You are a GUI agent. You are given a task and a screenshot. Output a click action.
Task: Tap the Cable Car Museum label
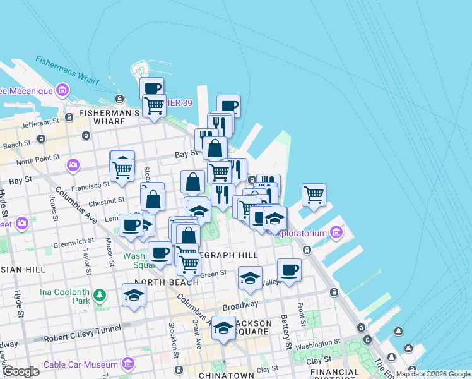[x=81, y=364]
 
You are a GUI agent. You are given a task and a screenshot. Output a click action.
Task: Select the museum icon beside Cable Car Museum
[x=129, y=364]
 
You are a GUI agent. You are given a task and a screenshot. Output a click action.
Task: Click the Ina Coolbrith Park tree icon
[x=99, y=295]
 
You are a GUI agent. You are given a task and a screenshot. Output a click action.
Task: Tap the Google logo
[x=20, y=371]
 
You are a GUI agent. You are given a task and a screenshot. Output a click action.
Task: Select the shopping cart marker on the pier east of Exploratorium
[x=314, y=195]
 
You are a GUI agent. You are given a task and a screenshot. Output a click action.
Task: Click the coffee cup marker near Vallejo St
[x=289, y=270]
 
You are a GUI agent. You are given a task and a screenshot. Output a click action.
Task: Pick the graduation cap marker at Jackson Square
[x=223, y=327]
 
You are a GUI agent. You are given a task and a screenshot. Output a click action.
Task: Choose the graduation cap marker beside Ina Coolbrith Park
[x=134, y=295]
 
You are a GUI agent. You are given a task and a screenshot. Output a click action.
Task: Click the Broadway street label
[x=240, y=306]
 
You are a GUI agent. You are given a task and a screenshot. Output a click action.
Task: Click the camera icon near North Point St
[x=73, y=165]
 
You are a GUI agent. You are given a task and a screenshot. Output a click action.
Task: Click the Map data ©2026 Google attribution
[x=432, y=374]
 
